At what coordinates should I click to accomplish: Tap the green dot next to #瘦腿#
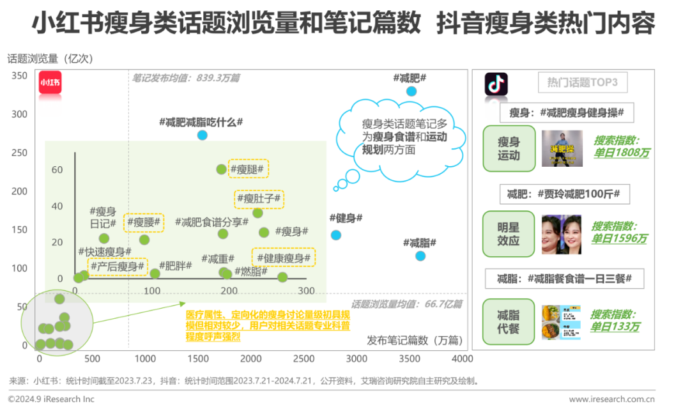coord(221,169)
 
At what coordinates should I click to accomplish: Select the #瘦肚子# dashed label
coord(259,199)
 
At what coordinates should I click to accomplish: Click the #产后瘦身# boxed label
coord(118,266)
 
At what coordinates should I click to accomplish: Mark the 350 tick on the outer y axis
coord(20,76)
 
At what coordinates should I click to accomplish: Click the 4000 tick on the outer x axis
coord(462,359)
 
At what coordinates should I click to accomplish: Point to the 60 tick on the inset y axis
coord(57,169)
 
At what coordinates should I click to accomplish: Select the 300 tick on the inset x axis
coord(305,291)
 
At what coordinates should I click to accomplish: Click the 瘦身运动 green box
coord(509,149)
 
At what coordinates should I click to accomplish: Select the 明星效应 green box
coord(509,234)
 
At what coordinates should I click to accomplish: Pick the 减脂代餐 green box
coord(509,321)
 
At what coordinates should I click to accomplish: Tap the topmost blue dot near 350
coord(411,91)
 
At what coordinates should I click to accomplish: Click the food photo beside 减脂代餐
coord(561,322)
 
